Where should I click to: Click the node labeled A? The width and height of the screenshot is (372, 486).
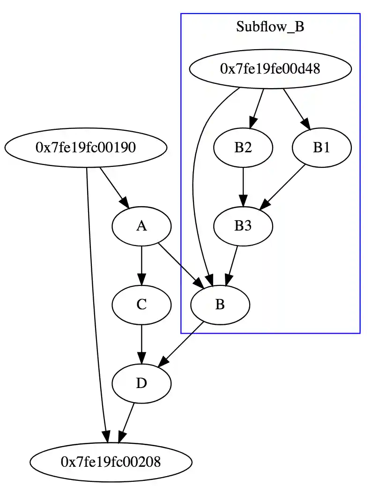(x=141, y=226)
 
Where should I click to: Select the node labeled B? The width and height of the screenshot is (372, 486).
(x=220, y=305)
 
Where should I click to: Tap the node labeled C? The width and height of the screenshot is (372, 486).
(x=141, y=305)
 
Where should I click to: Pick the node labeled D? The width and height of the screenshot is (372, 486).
(x=141, y=383)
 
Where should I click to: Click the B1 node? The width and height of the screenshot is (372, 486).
(x=321, y=148)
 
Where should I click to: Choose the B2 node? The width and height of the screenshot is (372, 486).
(x=243, y=148)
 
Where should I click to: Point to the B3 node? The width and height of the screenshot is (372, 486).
(x=243, y=226)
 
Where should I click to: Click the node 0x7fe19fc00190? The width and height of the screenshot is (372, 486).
(x=86, y=148)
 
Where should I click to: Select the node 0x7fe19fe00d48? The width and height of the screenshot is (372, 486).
(x=270, y=69)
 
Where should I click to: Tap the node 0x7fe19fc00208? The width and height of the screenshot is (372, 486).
(x=111, y=462)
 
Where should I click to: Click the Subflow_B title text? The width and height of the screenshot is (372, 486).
(x=270, y=27)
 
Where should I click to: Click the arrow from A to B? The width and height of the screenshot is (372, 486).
(x=181, y=265)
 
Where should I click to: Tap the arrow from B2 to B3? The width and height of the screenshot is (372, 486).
(x=243, y=187)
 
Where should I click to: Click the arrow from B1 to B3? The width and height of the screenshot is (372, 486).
(x=283, y=187)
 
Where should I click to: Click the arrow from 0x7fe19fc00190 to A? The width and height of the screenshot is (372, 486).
(x=114, y=187)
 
